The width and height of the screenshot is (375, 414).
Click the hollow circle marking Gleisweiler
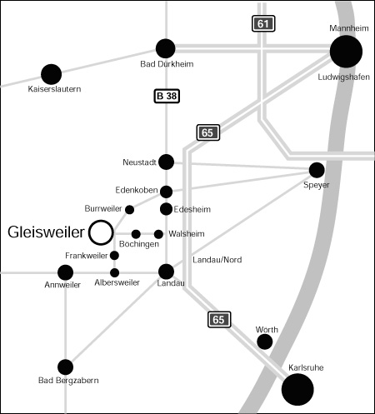point(89,232)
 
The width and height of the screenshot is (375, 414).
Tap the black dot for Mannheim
point(346,52)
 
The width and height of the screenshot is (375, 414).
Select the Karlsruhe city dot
point(297,389)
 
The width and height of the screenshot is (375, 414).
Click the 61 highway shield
point(263,23)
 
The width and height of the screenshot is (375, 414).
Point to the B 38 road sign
point(167,96)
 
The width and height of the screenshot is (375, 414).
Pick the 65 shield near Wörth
point(219,320)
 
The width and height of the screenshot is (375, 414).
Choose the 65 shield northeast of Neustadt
point(208,132)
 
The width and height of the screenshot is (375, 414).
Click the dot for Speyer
point(317,170)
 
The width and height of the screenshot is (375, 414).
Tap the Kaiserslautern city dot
point(51,74)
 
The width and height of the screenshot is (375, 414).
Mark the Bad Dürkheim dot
point(166,48)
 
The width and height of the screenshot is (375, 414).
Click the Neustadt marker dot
point(166,162)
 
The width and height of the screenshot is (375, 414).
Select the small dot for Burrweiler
point(129,210)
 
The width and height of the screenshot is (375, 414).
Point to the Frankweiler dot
point(114,256)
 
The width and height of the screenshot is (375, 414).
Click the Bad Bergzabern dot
point(65,367)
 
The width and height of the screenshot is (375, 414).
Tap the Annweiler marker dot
point(65,272)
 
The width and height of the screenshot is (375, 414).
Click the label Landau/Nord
point(217,260)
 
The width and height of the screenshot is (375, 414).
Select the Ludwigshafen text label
point(343,77)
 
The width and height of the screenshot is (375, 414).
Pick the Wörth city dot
point(265,342)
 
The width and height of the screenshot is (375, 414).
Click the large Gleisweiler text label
point(46,232)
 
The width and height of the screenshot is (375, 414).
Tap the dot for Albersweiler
point(114,272)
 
